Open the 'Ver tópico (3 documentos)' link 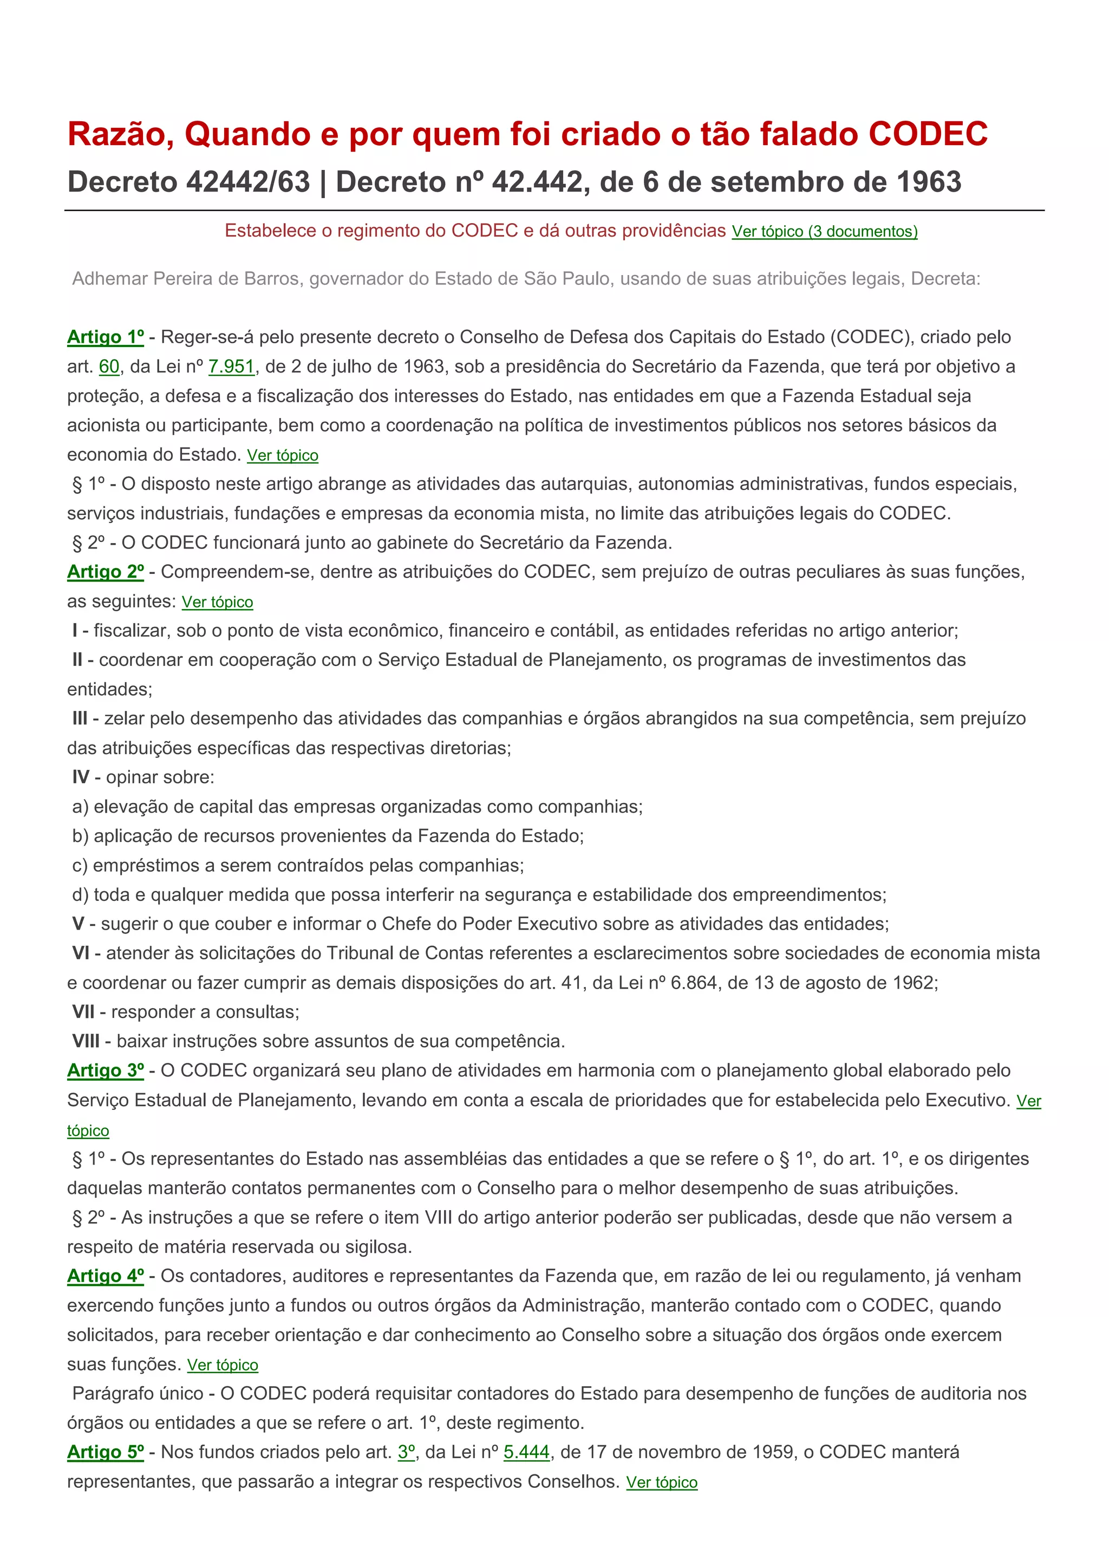click(x=824, y=232)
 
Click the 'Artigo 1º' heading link click(x=105, y=337)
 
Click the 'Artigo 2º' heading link click(x=105, y=572)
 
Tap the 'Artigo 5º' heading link click(x=105, y=1452)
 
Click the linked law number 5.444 click(x=526, y=1452)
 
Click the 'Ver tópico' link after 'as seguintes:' click(x=217, y=602)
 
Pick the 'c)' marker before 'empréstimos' click(x=80, y=865)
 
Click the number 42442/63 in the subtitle click(x=248, y=182)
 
